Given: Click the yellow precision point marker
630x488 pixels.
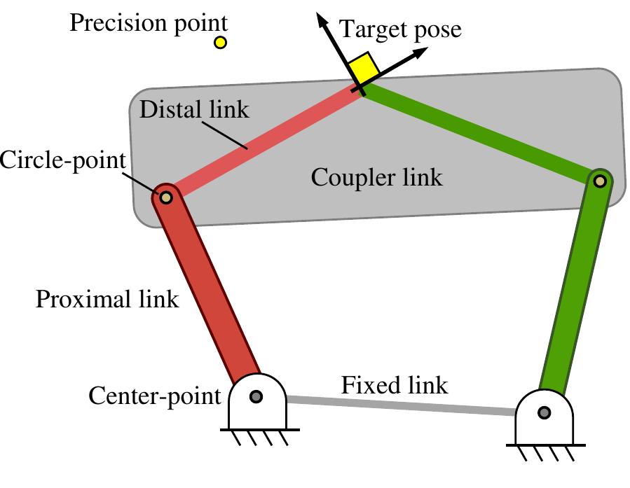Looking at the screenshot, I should point(220,43).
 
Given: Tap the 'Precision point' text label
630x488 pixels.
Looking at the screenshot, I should point(149,23).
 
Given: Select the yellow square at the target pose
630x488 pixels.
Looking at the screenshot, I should point(364,68).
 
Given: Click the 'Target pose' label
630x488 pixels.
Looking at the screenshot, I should point(400,29).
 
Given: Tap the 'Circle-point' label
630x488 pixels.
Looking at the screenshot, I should point(63,160).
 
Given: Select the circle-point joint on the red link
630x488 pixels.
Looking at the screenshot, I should point(166,197).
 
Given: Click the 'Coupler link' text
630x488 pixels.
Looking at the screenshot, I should point(376,177).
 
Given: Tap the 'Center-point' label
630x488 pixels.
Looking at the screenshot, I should point(154,397).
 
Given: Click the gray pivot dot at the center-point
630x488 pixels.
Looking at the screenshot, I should point(256,397).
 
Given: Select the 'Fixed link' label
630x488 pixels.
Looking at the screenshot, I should point(395,384).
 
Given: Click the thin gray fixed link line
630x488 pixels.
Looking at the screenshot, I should point(399,405).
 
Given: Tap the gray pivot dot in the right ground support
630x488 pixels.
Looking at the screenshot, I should point(545,413).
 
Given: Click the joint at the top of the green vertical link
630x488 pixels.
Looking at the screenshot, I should point(600,181).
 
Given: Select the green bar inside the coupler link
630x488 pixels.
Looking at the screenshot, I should point(477,133).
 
